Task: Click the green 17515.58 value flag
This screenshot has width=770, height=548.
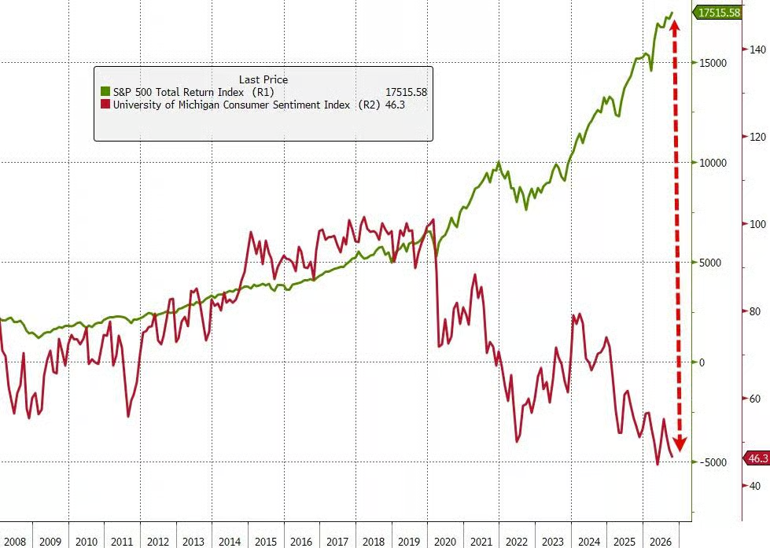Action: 717,13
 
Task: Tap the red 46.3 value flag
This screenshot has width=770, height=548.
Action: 757,458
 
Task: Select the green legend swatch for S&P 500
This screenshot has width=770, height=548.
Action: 105,92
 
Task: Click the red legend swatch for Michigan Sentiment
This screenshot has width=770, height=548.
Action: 105,105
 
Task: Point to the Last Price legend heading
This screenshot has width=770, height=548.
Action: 263,79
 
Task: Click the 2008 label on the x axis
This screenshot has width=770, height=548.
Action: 14,542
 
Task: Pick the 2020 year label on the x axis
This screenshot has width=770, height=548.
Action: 445,542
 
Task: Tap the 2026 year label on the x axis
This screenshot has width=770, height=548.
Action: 661,542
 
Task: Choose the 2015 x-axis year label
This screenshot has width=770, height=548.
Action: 266,542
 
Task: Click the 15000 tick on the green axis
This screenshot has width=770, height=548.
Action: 713,63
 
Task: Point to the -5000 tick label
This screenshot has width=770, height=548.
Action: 713,462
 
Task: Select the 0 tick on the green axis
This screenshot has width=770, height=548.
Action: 702,363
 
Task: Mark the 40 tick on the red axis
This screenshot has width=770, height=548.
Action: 755,486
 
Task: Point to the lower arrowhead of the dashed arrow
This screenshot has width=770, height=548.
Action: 680,443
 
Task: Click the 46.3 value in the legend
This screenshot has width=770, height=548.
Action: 396,105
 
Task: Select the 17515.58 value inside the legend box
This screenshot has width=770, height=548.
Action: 406,92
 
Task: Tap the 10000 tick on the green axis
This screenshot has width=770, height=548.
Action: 713,163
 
